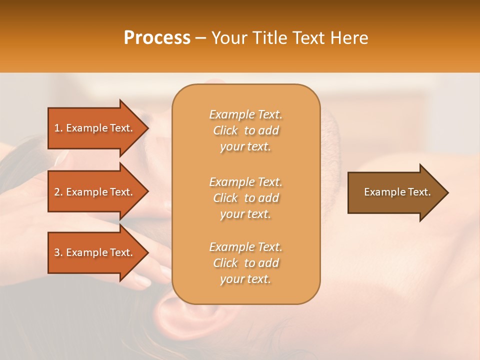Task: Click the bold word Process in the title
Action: click(x=157, y=38)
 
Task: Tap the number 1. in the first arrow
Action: click(x=58, y=128)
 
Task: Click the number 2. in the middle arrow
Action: click(x=58, y=192)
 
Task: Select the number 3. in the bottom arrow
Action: click(x=58, y=252)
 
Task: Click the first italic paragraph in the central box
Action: click(x=246, y=130)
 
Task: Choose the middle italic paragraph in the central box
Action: click(x=246, y=198)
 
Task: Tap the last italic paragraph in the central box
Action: click(x=246, y=263)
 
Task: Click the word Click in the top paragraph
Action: click(x=225, y=130)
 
